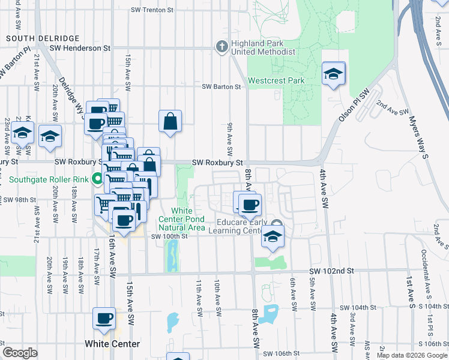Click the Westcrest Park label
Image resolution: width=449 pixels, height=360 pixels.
click(x=276, y=80)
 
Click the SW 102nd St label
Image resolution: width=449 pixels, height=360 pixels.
click(x=331, y=271)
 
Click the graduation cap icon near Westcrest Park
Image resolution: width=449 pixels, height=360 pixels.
click(x=333, y=74)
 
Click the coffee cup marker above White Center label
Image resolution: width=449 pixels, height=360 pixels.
click(x=104, y=319)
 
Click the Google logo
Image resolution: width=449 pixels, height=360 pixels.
click(x=20, y=353)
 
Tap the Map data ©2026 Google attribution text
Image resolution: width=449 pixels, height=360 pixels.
click(x=412, y=355)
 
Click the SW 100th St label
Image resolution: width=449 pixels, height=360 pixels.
click(x=170, y=236)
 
